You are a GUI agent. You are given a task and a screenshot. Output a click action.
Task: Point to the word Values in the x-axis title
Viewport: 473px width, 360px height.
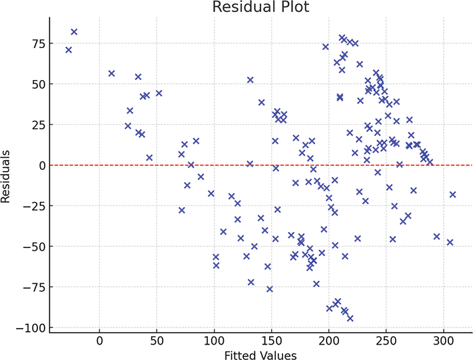(280, 355)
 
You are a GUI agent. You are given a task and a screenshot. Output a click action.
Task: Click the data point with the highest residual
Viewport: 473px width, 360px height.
(74, 32)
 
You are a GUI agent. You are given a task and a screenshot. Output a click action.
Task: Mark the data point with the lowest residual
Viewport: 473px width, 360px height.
(350, 318)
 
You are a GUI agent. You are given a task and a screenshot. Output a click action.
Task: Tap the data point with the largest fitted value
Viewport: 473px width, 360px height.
(453, 195)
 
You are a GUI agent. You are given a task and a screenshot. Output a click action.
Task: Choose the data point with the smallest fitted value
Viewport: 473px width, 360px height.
(69, 50)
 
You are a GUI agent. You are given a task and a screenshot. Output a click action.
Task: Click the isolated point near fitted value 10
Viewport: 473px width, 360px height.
(111, 73)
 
